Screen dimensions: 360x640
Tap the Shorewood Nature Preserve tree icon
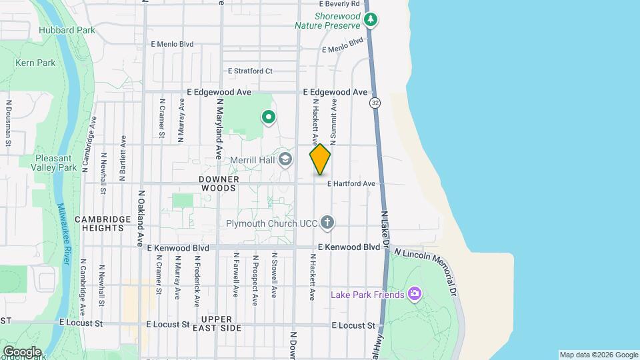click(371, 20)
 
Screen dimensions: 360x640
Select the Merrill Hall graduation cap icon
click(286, 159)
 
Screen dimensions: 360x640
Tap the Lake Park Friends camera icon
click(415, 294)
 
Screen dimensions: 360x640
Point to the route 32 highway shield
click(376, 103)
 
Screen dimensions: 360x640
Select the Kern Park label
click(35, 63)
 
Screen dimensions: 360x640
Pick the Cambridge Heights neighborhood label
click(99, 223)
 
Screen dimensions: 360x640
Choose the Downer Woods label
click(218, 184)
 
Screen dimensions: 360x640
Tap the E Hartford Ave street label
click(351, 183)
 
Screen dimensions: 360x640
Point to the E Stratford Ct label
click(250, 71)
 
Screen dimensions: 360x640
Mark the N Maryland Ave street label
click(219, 129)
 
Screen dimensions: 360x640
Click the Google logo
click(21, 352)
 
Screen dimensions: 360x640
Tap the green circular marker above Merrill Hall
click(269, 118)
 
